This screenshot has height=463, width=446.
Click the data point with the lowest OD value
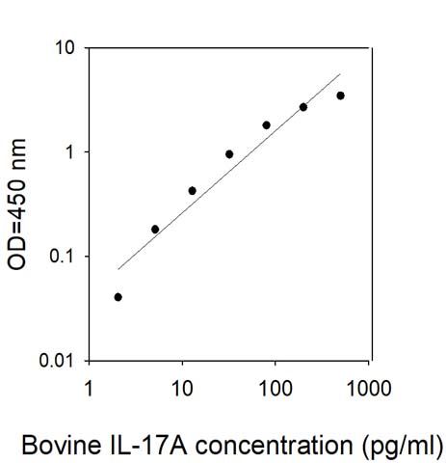118,297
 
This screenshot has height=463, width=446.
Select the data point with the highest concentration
341,95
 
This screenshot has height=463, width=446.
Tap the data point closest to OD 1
229,154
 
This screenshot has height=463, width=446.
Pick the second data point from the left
155,230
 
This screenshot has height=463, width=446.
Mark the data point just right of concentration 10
192,191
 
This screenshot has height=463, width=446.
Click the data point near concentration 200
303,107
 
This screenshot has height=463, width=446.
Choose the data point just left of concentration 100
267,125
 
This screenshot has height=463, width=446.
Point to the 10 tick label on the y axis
65,48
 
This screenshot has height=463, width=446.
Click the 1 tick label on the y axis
69,152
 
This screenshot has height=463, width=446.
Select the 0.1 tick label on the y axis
62,257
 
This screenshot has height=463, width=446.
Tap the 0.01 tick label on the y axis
57,361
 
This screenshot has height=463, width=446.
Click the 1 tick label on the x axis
89,388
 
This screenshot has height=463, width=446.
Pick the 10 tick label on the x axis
182,388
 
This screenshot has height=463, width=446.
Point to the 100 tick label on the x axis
275,388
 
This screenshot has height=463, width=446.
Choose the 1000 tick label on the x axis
369,388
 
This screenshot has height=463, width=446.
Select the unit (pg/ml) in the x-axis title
403,447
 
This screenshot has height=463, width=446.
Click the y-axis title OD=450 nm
16,204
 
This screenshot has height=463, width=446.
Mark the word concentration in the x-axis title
274,445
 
